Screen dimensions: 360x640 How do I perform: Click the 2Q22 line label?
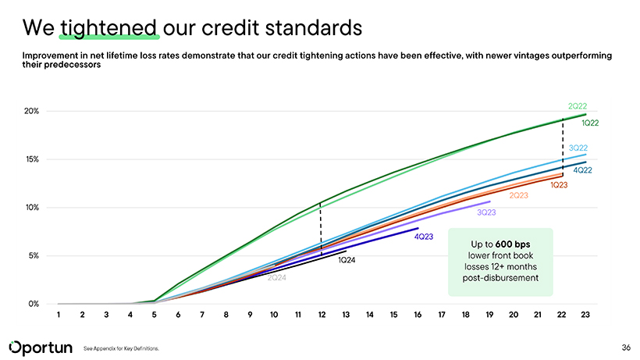tap(578, 106)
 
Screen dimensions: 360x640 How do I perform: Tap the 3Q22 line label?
tap(578, 148)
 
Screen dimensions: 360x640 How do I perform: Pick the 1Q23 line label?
tap(559, 185)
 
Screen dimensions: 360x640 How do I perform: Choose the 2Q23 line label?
tap(519, 195)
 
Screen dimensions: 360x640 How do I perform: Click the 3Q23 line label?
tap(486, 212)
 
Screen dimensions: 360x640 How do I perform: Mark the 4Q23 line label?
tap(424, 237)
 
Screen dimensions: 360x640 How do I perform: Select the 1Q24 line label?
tap(347, 260)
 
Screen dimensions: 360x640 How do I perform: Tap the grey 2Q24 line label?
tap(277, 278)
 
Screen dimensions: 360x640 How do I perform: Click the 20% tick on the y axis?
tap(31, 111)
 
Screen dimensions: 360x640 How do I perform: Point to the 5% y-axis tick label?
tap(33, 255)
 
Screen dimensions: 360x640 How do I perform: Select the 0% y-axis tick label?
tap(33, 304)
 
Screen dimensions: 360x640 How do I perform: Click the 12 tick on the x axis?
tap(322, 315)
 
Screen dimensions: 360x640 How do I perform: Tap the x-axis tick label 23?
tap(585, 315)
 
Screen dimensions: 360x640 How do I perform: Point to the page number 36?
tap(626, 347)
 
